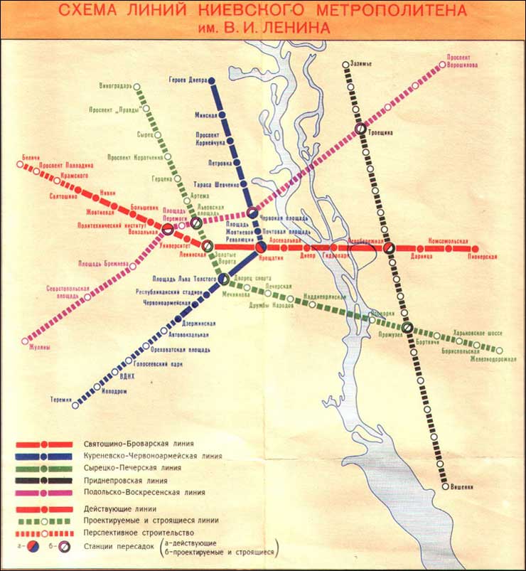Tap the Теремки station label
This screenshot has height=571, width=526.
[62, 399]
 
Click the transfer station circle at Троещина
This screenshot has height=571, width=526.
[362, 129]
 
